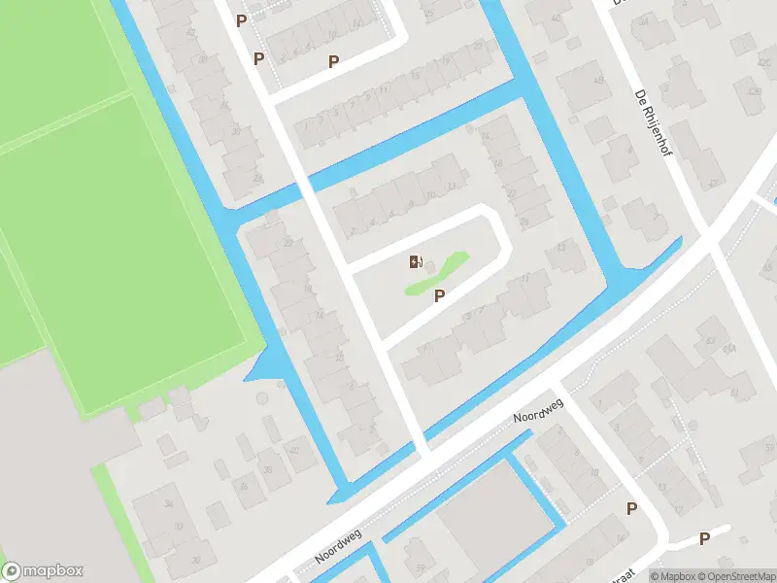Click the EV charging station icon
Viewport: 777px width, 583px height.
[416, 260]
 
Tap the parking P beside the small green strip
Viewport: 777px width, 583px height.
[440, 296]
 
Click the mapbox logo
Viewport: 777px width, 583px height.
[43, 571]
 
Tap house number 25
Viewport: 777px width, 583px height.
[428, 13]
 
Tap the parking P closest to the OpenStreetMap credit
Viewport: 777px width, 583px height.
[704, 538]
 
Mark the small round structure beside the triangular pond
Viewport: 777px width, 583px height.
[260, 398]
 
